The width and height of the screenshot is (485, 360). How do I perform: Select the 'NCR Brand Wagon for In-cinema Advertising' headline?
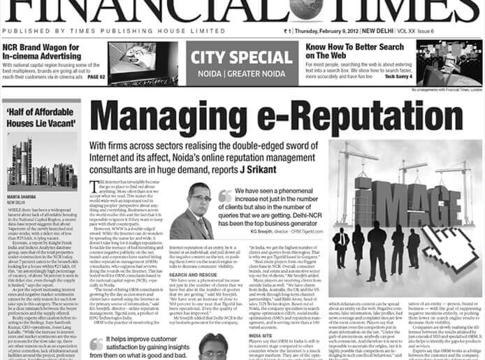(52, 52)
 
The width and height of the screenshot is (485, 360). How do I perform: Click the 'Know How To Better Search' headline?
(354, 51)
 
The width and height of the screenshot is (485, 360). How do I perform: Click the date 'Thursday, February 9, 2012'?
(332, 31)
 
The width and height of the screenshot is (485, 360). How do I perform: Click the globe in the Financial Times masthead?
(310, 8)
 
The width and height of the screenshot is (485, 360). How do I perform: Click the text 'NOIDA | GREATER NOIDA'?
(238, 71)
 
